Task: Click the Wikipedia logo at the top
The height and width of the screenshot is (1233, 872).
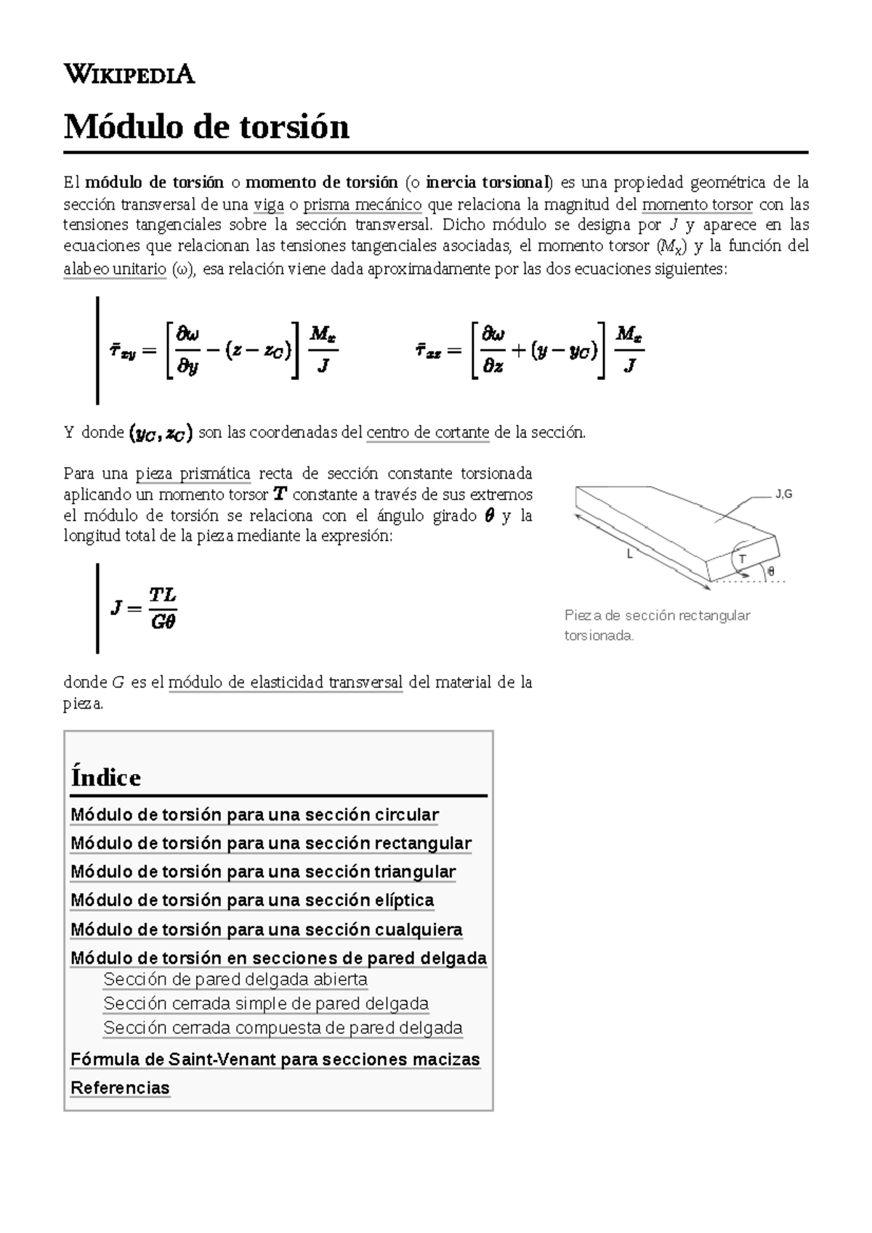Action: click(x=129, y=74)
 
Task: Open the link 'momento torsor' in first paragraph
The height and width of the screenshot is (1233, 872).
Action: click(x=697, y=204)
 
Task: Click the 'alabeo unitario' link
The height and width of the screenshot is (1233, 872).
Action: click(x=115, y=269)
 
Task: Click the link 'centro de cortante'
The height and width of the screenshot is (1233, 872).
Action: click(x=427, y=433)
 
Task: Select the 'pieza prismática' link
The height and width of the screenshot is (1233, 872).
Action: click(x=193, y=474)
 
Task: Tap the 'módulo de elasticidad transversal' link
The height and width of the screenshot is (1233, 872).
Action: click(x=285, y=683)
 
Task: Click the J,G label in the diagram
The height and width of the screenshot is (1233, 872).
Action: click(x=783, y=495)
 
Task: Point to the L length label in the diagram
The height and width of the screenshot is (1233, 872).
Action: click(x=630, y=554)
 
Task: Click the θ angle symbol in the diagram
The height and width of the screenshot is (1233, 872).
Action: click(x=771, y=571)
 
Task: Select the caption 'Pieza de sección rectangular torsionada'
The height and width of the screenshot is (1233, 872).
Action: click(x=657, y=625)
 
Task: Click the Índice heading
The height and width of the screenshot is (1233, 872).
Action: click(x=106, y=778)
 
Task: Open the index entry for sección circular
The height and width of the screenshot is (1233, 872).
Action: click(x=254, y=815)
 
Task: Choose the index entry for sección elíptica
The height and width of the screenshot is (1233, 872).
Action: click(x=252, y=900)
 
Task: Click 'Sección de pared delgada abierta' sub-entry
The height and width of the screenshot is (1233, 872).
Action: click(x=235, y=980)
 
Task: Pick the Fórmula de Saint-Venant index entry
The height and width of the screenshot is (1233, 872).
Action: click(x=275, y=1059)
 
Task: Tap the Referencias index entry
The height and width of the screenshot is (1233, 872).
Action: click(x=120, y=1088)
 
